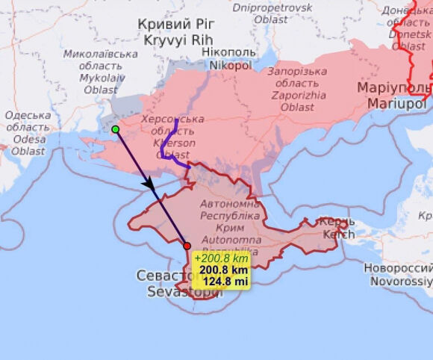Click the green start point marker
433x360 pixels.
[116, 129]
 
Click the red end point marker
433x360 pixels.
[187, 246]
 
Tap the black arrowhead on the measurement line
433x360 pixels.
[148, 182]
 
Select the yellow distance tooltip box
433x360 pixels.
[221, 270]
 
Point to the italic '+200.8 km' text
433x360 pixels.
[221, 258]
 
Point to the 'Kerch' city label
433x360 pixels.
[339, 234]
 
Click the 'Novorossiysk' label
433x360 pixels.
[399, 281]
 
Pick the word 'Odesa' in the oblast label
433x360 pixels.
[28, 139]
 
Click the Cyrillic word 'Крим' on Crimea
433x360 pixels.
[230, 228]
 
